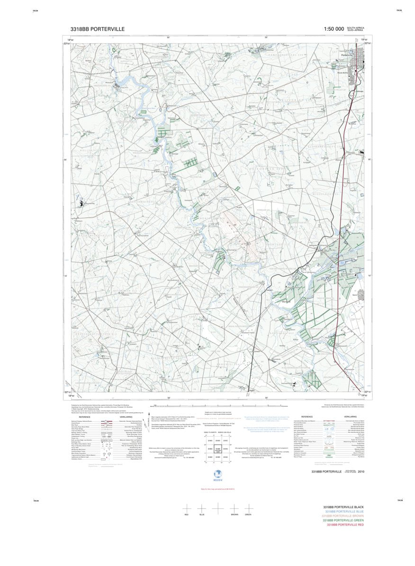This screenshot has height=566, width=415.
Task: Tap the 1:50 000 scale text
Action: point(334,29)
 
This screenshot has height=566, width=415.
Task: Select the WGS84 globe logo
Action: point(217,474)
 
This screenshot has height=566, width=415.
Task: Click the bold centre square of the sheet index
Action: point(217,449)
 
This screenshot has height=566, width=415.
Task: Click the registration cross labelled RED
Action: point(186,508)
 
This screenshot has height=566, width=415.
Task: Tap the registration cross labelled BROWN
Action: point(234,508)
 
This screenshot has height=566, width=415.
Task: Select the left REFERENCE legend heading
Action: point(85,417)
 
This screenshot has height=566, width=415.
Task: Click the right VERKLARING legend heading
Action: point(350,417)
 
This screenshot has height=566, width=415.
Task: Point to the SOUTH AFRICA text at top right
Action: point(356,27)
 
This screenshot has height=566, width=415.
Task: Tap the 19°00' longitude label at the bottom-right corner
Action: point(364,395)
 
